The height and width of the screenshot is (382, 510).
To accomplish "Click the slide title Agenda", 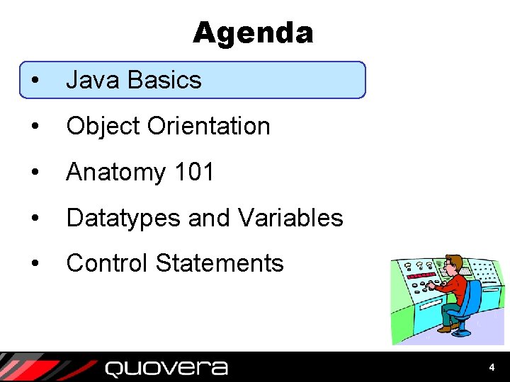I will click(x=252, y=33).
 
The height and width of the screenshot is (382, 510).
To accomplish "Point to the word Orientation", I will click(x=209, y=126).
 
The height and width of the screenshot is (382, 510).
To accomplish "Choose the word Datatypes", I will click(x=123, y=219).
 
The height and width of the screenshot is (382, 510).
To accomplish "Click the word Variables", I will click(x=291, y=218).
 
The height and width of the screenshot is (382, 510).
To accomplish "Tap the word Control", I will click(x=107, y=263).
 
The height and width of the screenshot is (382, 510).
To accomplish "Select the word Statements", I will click(x=220, y=263).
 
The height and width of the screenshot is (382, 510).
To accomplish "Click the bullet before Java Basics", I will click(x=35, y=81).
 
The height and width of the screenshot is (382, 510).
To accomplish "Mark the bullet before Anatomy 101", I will click(x=35, y=173).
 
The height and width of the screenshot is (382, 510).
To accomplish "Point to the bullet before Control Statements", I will click(x=35, y=264).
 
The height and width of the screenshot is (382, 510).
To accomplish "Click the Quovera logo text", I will click(x=166, y=368).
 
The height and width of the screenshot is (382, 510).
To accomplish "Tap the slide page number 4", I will click(x=492, y=368).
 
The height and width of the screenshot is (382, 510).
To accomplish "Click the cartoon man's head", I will click(x=453, y=265).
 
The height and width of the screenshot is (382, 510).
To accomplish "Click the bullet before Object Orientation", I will click(x=35, y=127).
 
